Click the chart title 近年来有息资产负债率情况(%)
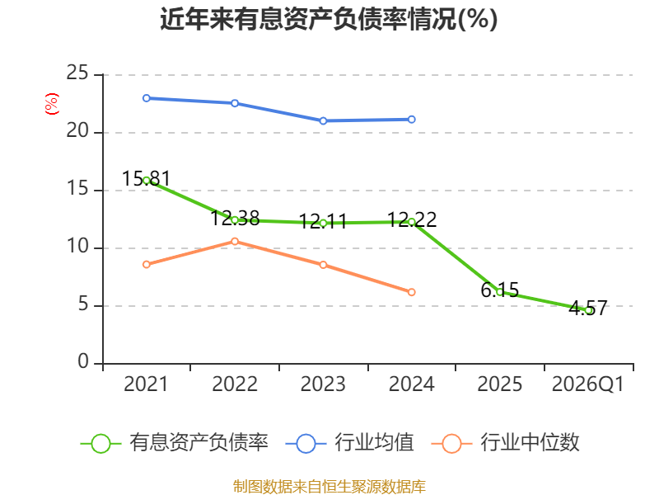(329, 19)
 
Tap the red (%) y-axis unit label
(52, 104)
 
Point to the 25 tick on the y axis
(77, 73)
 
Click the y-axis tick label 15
(77, 188)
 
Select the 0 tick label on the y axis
(83, 361)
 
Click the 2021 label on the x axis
(146, 384)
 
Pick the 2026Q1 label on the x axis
(588, 384)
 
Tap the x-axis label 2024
(411, 384)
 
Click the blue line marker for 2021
(147, 98)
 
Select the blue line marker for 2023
(323, 120)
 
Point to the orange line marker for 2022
(235, 241)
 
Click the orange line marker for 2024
(411, 292)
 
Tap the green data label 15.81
(147, 178)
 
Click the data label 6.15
(500, 290)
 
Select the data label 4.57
(588, 308)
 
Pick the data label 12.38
(235, 218)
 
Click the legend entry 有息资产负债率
(174, 443)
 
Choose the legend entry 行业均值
(349, 443)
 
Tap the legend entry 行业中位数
(506, 443)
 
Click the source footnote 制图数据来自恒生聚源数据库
(329, 487)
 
